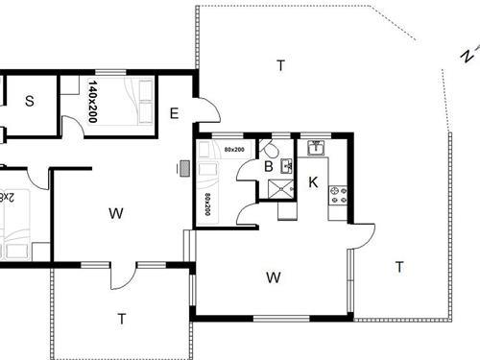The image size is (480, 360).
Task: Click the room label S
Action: pyautogui.click(x=30, y=101)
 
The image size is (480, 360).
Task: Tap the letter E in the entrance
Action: pyautogui.click(x=174, y=113)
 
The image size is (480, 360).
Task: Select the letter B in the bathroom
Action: pyautogui.click(x=269, y=167)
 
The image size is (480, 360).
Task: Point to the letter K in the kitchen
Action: pyautogui.click(x=313, y=181)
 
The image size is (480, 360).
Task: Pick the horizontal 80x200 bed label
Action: pyautogui.click(x=233, y=150)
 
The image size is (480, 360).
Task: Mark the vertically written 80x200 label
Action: pyautogui.click(x=207, y=204)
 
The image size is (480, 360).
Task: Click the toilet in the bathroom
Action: pyautogui.click(x=272, y=150)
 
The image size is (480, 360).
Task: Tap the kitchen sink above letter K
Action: pyautogui.click(x=314, y=149)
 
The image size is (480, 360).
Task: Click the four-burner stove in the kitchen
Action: pyautogui.click(x=338, y=194)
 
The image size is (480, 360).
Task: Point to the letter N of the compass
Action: pyautogui.click(x=466, y=57)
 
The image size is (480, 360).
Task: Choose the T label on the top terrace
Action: pyautogui.click(x=280, y=65)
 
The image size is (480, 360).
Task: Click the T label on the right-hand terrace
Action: pyautogui.click(x=398, y=267)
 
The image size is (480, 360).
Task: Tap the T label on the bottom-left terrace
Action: pyautogui.click(x=122, y=318)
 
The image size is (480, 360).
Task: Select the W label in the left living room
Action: pyautogui.click(x=115, y=213)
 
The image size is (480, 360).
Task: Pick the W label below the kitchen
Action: pyautogui.click(x=274, y=278)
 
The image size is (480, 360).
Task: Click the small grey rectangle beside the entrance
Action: pyautogui.click(x=183, y=169)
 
